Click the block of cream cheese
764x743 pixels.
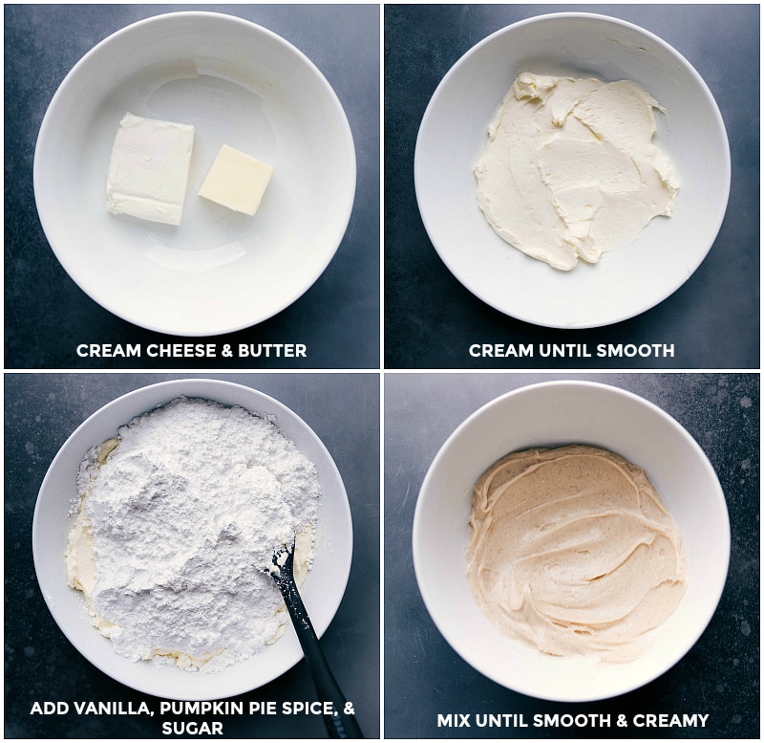click(149, 168)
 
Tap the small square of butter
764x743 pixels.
click(236, 179)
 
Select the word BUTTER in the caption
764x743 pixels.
click(274, 351)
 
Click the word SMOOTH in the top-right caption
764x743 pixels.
click(641, 351)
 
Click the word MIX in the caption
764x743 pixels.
click(453, 720)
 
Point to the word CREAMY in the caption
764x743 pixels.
click(674, 720)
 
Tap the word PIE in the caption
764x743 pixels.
click(254, 709)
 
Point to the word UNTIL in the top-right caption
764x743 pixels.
click(568, 351)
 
